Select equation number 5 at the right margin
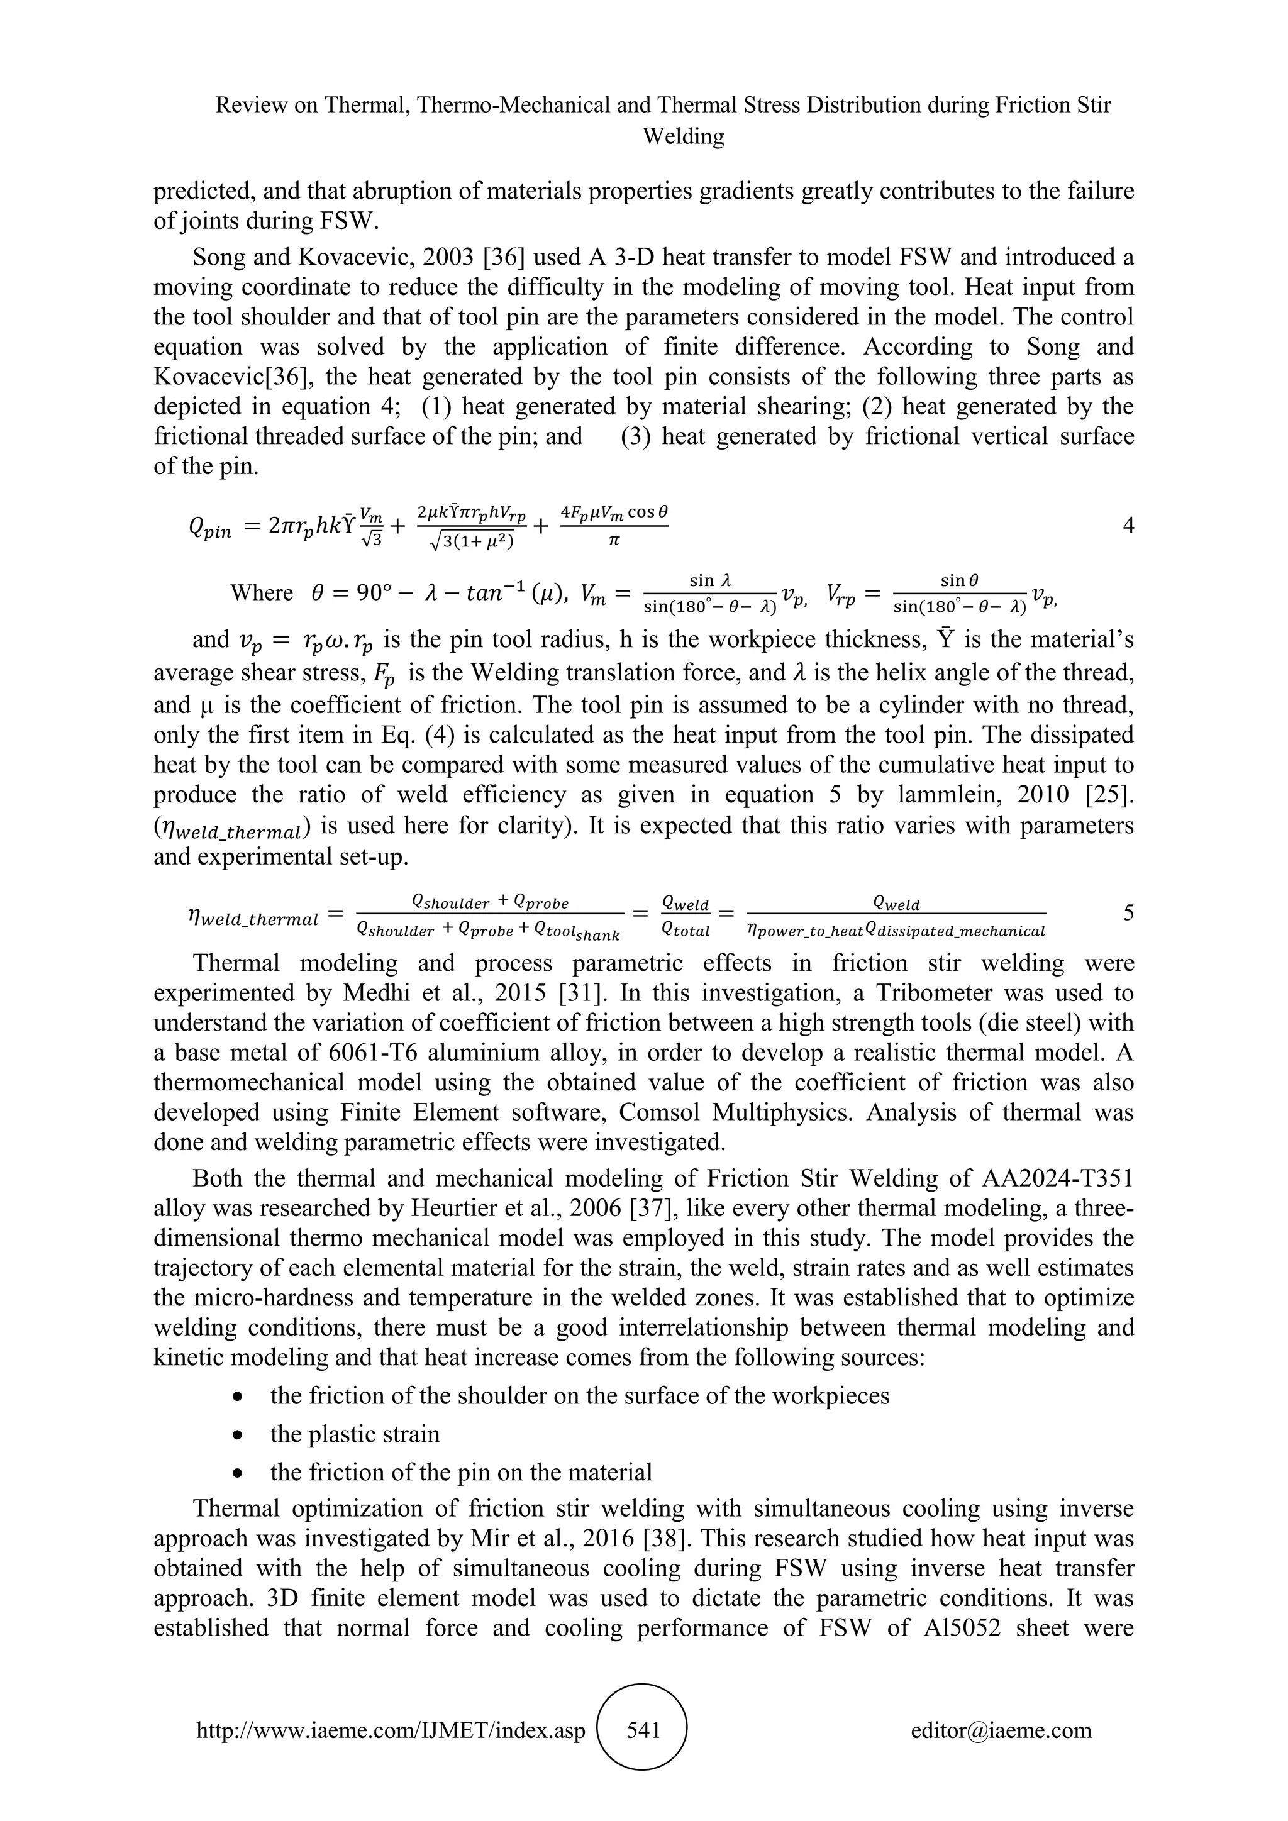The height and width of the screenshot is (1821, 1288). [1128, 913]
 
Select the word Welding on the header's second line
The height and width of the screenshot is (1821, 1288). [683, 136]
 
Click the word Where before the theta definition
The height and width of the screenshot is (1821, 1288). [261, 592]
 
